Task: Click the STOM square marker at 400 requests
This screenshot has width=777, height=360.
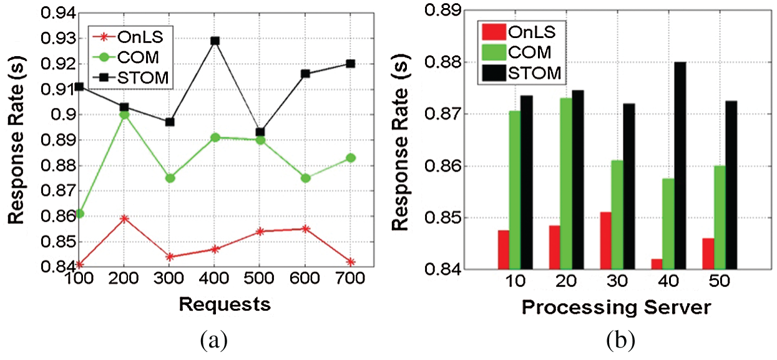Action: coord(215,41)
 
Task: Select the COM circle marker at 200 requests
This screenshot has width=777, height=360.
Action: coord(125,115)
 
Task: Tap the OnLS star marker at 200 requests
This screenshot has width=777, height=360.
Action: coord(125,219)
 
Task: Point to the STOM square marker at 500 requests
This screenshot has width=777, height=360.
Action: coord(260,132)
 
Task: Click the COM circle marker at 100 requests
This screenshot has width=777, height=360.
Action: coord(79,214)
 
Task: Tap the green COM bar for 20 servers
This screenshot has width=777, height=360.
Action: coord(566,184)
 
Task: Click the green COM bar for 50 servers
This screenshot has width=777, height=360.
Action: coord(719,218)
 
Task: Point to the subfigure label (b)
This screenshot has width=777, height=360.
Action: coord(619,341)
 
